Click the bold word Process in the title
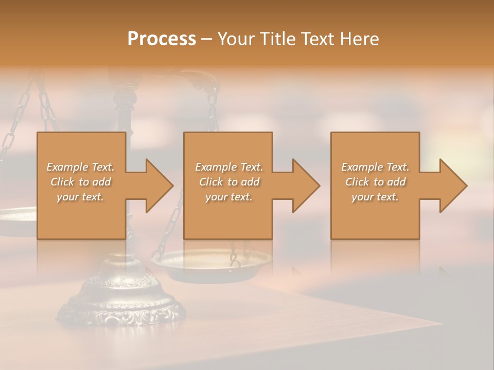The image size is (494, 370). [162, 39]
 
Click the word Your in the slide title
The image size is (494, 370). [237, 39]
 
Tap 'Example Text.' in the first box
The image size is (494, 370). [80, 167]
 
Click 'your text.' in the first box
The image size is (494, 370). [80, 196]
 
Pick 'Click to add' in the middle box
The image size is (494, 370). [229, 182]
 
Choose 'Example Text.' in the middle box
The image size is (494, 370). [229, 167]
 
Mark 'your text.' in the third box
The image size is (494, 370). [375, 196]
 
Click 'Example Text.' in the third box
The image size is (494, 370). [375, 167]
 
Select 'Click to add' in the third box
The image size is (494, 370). [375, 182]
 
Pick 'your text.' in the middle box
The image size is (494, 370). [229, 196]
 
